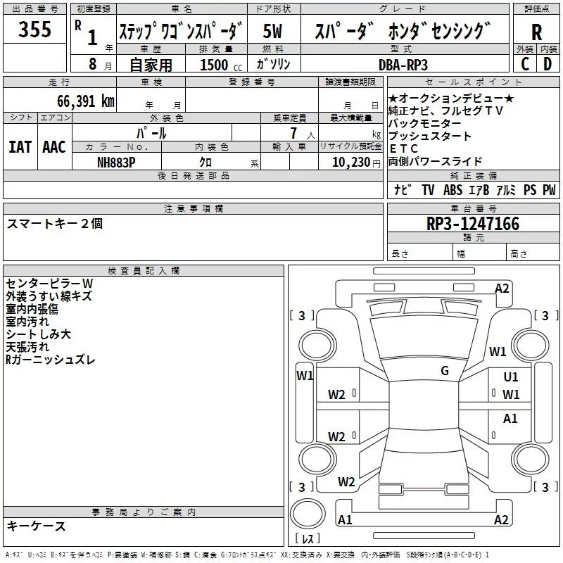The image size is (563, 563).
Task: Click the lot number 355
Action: click(34, 30)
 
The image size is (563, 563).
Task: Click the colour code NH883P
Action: click(116, 160)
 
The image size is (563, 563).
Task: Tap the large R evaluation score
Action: click(536, 32)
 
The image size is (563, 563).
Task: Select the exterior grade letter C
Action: click(525, 64)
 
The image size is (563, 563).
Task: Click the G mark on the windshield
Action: click(445, 371)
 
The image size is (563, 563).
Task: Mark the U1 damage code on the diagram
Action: click(510, 378)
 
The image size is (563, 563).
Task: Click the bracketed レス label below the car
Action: click(307, 539)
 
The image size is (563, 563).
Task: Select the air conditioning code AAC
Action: click(53, 147)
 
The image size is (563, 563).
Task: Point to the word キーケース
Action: click(37, 526)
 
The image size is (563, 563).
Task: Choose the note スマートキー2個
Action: click(55, 224)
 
